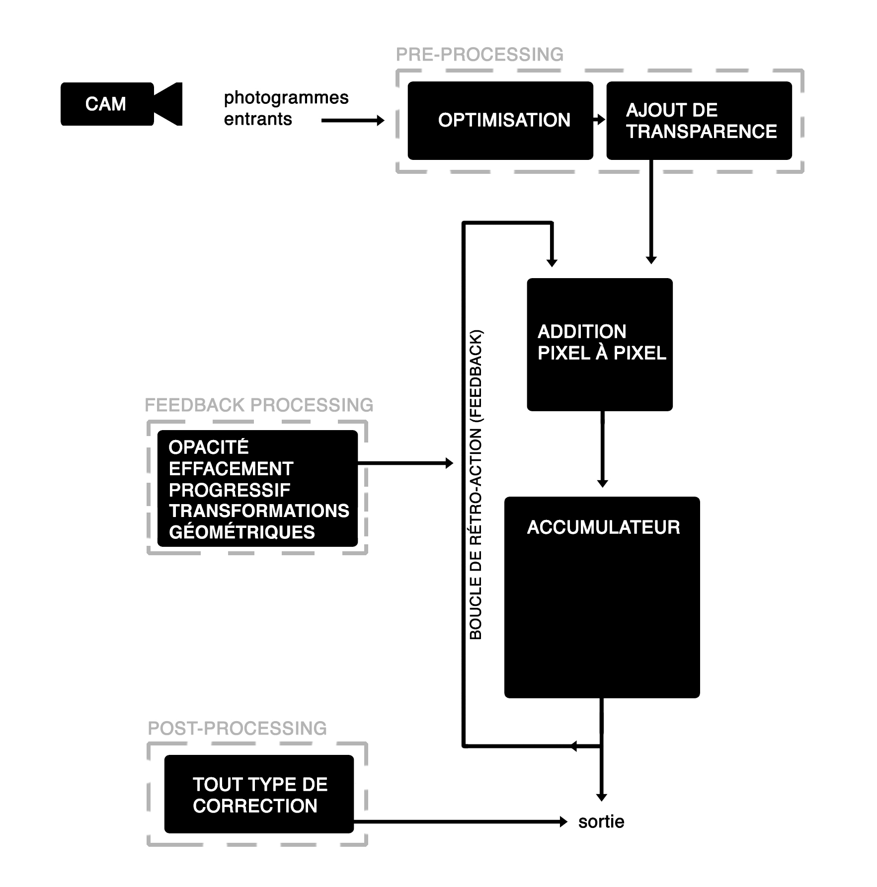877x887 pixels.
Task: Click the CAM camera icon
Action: point(121,104)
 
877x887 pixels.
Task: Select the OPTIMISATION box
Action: point(500,120)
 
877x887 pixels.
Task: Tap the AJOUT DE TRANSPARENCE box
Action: point(699,120)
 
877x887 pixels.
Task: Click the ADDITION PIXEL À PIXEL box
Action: point(599,344)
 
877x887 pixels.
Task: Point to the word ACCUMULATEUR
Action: point(603,527)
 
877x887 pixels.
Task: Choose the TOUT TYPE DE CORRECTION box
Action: point(259,795)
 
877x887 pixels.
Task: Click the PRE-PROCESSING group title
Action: point(479,55)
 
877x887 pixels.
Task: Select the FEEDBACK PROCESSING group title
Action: point(259,405)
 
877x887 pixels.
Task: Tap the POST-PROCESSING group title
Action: point(238,729)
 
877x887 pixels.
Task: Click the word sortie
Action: point(601,822)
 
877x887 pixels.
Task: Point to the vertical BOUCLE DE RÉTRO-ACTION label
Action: point(476,484)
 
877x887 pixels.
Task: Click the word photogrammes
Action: point(286,98)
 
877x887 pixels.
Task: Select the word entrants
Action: point(258,119)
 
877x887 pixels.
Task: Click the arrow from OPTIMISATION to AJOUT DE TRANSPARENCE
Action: point(600,120)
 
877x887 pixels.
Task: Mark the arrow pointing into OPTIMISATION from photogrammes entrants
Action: point(353,120)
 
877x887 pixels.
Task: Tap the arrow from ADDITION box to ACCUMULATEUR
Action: point(602,449)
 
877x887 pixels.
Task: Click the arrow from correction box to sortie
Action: point(460,822)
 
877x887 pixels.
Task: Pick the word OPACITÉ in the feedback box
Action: point(208,447)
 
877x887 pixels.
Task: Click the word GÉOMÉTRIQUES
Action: point(241,532)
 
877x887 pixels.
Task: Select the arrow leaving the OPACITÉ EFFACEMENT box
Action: point(405,463)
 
